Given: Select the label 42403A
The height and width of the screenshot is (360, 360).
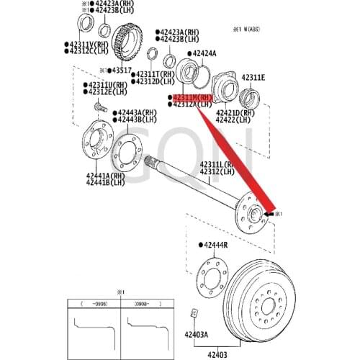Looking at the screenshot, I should (195, 334).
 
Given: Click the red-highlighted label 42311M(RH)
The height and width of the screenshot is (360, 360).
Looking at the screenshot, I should (193, 96).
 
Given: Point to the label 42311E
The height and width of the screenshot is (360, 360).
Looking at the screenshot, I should (253, 77).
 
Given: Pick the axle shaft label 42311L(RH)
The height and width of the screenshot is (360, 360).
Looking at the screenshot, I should (217, 165).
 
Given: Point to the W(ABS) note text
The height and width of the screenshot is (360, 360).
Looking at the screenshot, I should (252, 29).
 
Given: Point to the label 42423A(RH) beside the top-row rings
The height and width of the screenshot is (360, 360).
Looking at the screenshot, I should (179, 32).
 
